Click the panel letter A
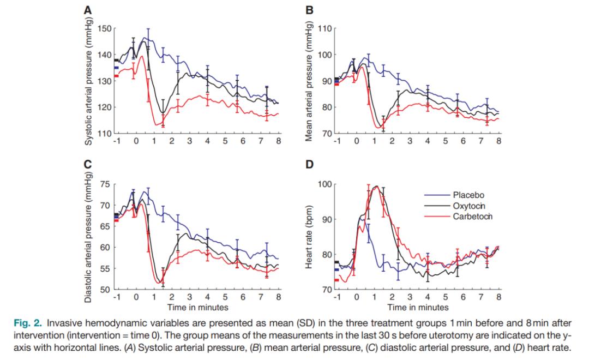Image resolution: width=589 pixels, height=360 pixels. (88, 10)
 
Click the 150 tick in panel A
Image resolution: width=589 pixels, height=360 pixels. (104, 28)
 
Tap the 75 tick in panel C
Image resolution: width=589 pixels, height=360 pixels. (106, 185)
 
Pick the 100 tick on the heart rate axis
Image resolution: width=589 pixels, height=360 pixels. (324, 184)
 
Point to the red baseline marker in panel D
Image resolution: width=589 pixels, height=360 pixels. (336, 280)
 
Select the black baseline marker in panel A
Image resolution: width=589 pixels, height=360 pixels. (116, 60)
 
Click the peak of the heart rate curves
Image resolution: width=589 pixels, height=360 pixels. (375, 186)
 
